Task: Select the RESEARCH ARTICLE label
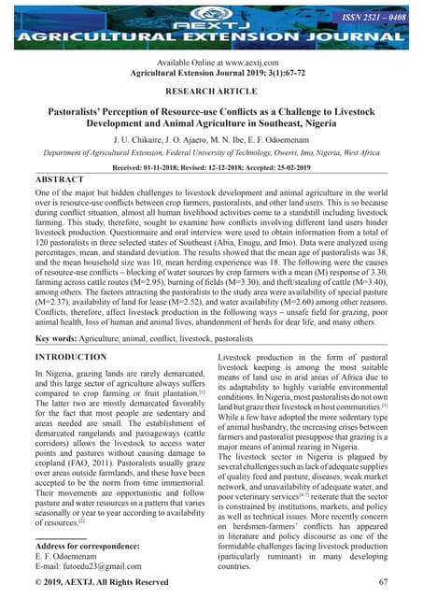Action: pos(211,93)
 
